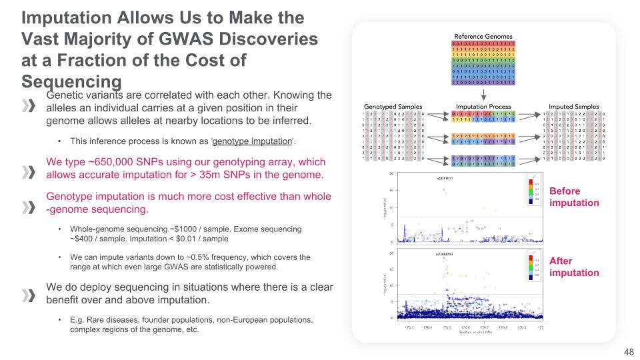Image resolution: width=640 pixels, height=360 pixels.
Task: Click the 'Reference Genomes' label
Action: tap(484, 35)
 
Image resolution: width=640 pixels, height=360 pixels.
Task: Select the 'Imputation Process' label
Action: tap(483, 107)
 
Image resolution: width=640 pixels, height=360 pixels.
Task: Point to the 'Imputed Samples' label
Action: tap(573, 107)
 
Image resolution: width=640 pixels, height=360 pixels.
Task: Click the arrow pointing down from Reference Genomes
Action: tap(484, 96)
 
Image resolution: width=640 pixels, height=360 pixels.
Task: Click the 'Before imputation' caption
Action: tap(574, 197)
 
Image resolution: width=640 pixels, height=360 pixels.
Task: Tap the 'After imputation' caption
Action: tap(574, 267)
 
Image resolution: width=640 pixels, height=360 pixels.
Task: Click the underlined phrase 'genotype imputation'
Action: tap(253, 141)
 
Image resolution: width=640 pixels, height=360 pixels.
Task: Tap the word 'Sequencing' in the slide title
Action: tap(71, 81)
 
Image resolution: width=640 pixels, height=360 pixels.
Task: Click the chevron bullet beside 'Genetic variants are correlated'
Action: tap(29, 107)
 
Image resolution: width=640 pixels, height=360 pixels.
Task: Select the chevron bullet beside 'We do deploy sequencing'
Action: tap(29, 295)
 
